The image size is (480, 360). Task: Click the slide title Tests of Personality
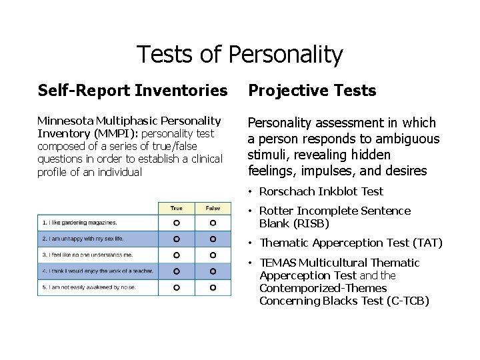[239, 55]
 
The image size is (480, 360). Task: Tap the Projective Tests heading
[311, 90]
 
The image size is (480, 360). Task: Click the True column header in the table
[177, 208]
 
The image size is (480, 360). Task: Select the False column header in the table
[213, 208]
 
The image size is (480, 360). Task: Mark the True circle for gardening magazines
[177, 222]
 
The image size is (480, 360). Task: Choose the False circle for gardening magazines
[213, 222]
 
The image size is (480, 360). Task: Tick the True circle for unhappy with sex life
[177, 238]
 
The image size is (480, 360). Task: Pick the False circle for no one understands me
[213, 255]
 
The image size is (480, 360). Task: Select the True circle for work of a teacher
[177, 271]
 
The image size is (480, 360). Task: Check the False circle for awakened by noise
[213, 287]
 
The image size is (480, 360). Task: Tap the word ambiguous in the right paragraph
[409, 139]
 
